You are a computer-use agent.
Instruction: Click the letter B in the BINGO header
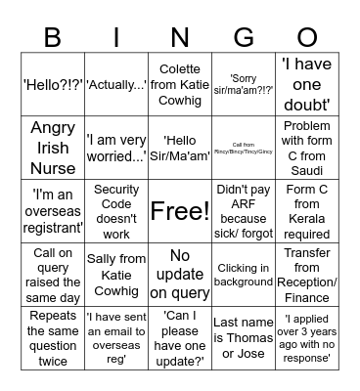coord(54,37)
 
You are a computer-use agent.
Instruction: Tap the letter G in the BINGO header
coord(243,37)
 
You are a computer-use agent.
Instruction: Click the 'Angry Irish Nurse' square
coord(54,148)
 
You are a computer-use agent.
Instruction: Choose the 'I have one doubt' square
coord(306,85)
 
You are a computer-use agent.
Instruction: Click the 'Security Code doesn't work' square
coord(116,211)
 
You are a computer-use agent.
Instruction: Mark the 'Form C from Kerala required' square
coord(306,211)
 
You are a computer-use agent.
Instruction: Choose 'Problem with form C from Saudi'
coord(306,148)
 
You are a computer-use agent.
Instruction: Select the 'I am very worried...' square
coord(116,148)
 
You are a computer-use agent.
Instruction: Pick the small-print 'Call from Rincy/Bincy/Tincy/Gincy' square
coord(243,148)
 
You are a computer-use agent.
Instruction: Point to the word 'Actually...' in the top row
coord(116,85)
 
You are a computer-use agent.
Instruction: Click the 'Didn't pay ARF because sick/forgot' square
coord(243,211)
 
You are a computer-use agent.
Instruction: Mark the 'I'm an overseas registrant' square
coord(54,211)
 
